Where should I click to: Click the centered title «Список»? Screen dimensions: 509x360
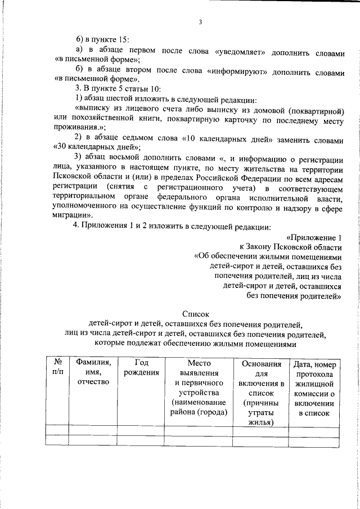(x=196, y=314)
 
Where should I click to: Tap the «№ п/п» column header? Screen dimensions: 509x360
(x=57, y=368)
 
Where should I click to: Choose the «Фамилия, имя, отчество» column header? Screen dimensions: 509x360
(x=93, y=372)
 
